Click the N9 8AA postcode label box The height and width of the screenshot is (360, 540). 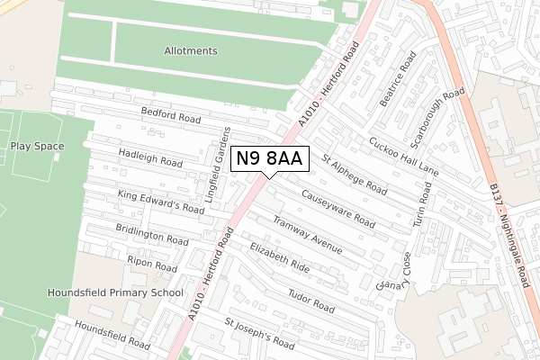point(271,159)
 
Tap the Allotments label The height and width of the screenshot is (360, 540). point(190,51)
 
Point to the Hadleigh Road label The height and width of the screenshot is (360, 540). point(150,158)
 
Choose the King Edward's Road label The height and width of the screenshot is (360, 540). point(161,202)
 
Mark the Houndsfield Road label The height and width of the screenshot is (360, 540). point(112,337)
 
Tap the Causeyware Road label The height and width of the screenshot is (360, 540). point(337,206)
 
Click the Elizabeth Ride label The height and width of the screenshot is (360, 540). point(280,257)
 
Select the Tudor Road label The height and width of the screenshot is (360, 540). point(311,301)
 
